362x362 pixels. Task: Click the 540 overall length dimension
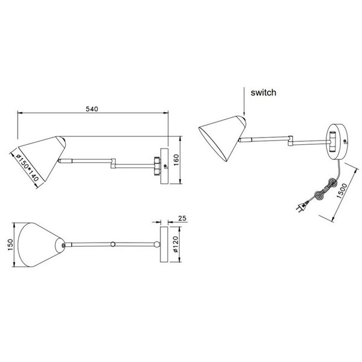click(92, 109)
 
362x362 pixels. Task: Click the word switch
click(263, 93)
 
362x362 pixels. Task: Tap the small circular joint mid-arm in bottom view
click(112, 244)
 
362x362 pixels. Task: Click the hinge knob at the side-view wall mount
click(157, 164)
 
